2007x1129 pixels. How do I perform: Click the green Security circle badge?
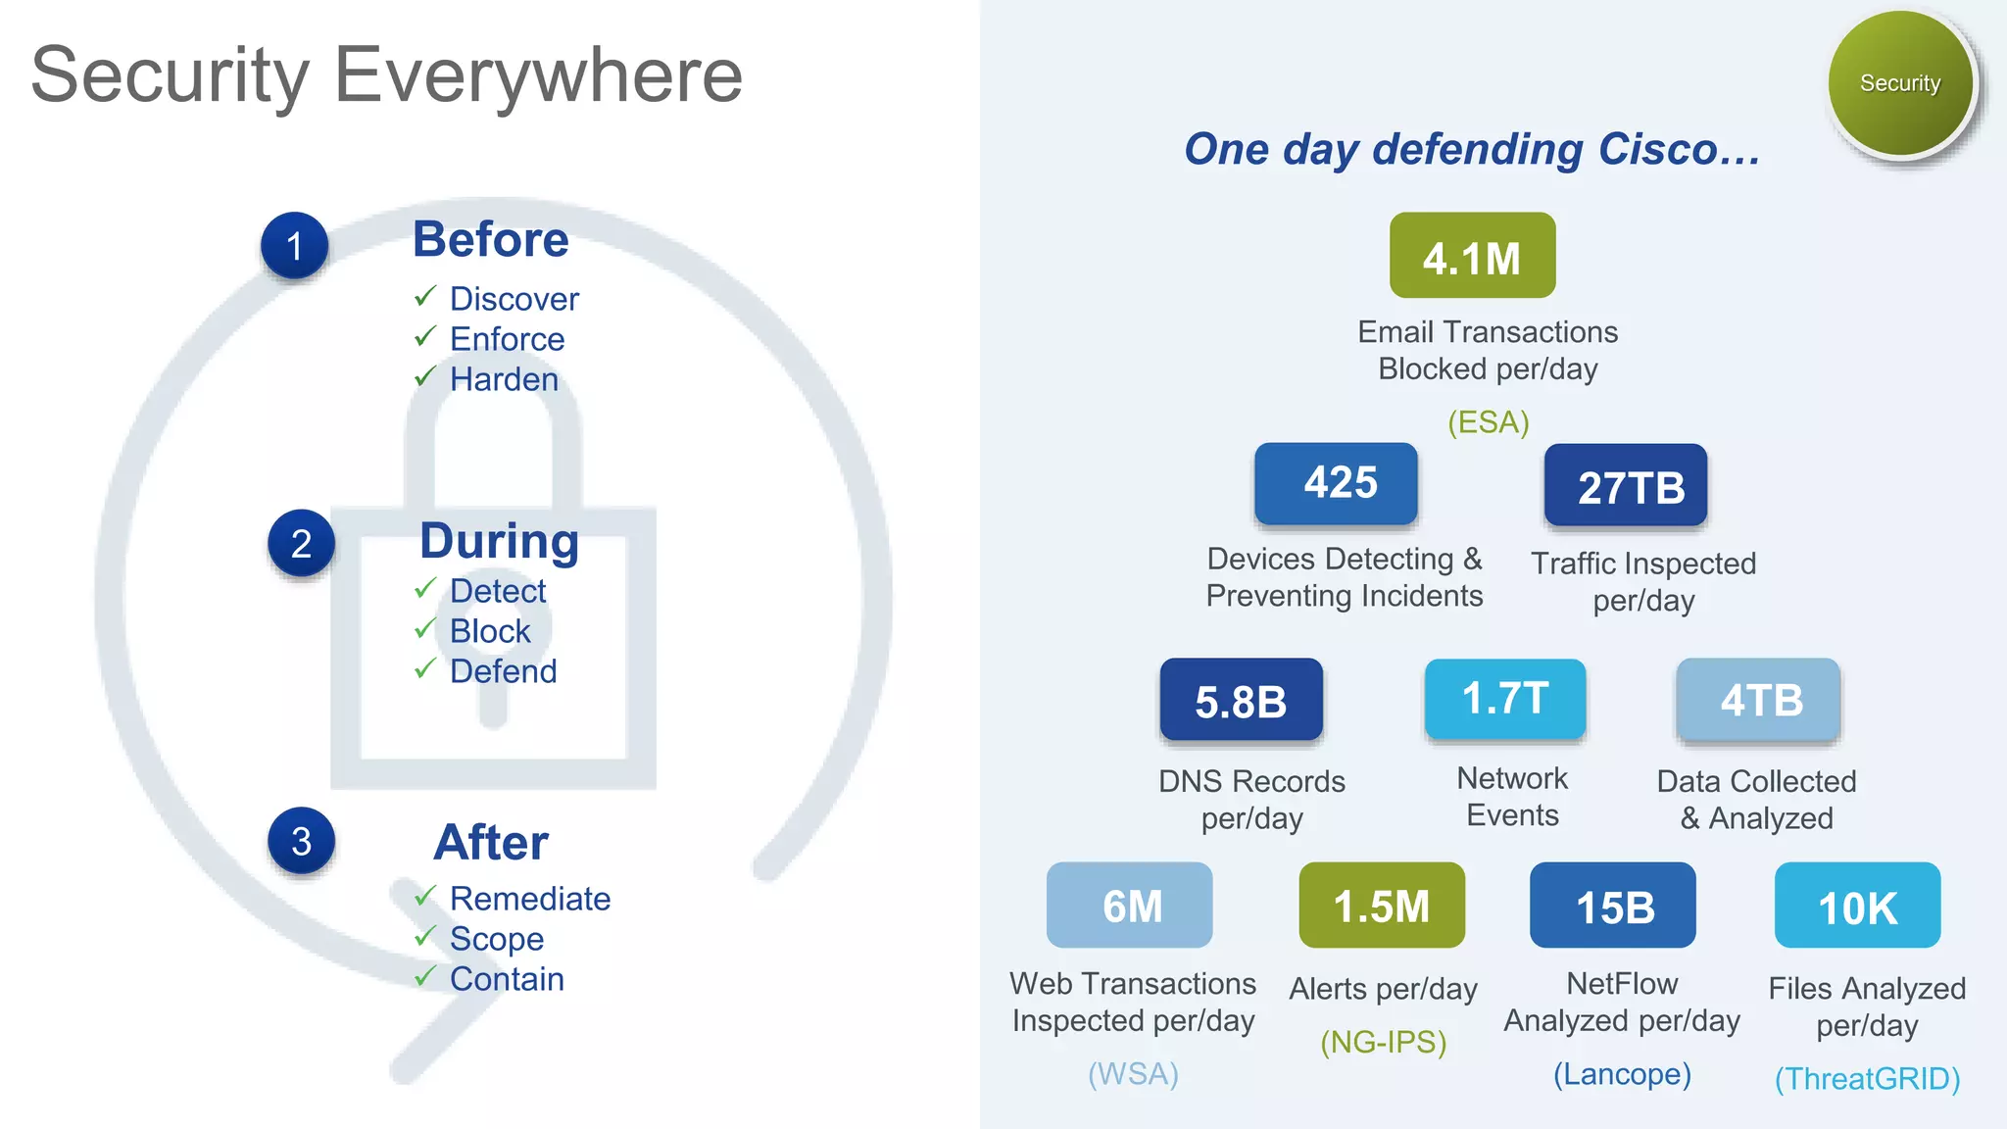1900,84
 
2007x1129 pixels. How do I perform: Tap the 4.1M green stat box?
1472,256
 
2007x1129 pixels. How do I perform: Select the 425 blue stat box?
1337,483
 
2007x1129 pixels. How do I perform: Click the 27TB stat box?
1626,486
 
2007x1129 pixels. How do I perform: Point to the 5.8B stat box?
1241,700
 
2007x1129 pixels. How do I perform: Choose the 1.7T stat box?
1505,699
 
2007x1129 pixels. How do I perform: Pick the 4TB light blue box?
1759,700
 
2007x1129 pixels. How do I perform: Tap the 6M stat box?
1130,906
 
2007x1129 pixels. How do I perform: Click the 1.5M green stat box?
1382,906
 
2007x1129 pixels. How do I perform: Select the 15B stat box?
1613,906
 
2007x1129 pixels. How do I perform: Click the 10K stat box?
1857,906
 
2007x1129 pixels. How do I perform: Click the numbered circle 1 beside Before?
294,246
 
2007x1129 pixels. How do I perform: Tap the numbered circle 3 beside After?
301,841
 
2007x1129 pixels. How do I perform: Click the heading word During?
499,541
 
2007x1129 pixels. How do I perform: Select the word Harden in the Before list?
504,379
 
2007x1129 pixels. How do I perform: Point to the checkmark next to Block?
424,628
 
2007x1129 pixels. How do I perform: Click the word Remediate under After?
529,898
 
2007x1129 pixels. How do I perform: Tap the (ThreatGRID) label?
1867,1078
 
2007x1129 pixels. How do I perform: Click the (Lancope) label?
1622,1074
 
